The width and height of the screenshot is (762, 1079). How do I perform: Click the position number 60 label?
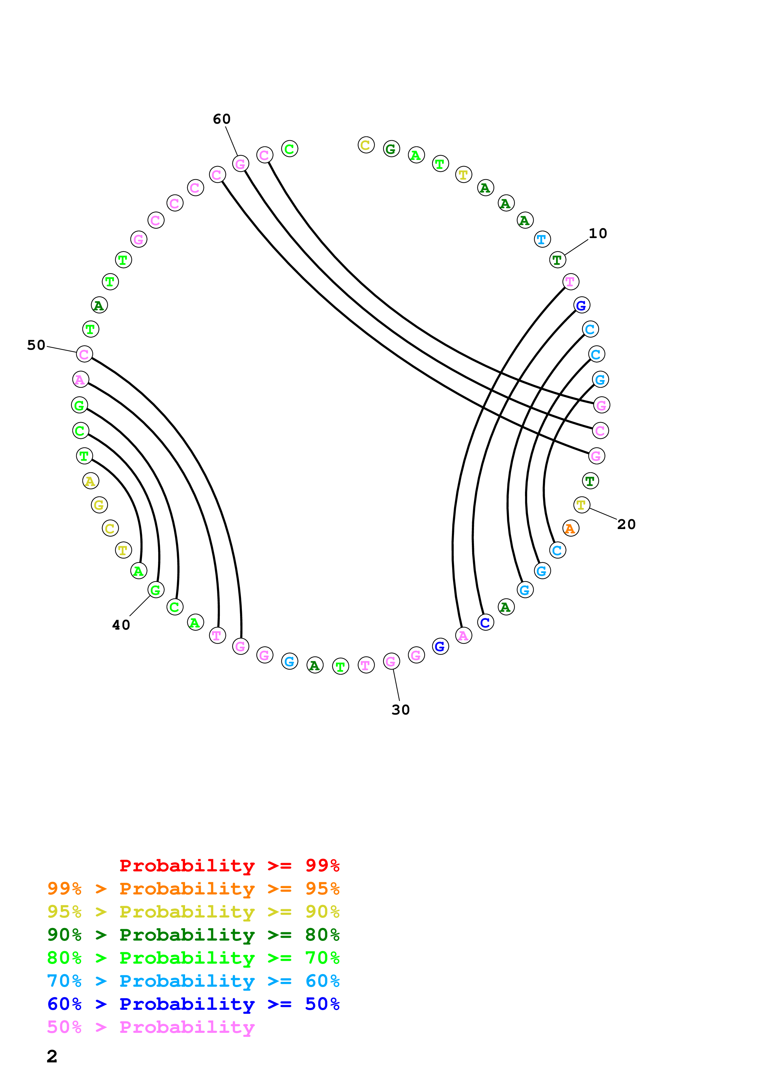tap(222, 119)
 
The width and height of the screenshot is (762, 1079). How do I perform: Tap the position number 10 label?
tap(598, 233)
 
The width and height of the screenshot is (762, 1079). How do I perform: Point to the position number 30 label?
tap(401, 710)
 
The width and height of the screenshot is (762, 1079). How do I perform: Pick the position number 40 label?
tap(121, 625)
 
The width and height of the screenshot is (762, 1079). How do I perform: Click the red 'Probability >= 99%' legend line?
tap(229, 865)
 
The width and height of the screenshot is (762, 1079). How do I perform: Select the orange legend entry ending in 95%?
tap(193, 888)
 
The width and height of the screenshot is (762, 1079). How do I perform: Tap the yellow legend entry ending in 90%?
tap(193, 911)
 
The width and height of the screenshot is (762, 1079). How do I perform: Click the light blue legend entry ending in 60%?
tap(193, 981)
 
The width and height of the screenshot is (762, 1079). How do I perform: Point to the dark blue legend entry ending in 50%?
tap(193, 1004)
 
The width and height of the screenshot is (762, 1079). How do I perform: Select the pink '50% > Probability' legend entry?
tap(151, 1027)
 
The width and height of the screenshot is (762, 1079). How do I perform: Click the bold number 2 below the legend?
tap(52, 1056)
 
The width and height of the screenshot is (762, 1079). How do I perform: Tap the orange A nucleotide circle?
tap(571, 528)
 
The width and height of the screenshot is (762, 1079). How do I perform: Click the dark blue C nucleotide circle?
tap(485, 622)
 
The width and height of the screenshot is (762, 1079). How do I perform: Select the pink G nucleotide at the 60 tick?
tap(240, 164)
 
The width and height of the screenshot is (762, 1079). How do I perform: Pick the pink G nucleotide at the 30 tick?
tap(391, 661)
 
